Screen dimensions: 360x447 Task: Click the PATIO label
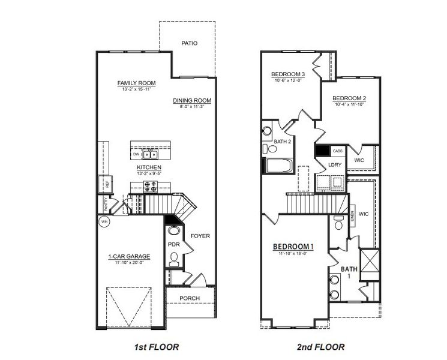tap(189, 43)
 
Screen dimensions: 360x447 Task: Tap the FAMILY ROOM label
tap(135, 83)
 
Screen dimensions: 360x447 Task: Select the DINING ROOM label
tap(192, 100)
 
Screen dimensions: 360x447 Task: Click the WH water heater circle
tap(104, 221)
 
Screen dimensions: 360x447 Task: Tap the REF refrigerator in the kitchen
tap(106, 185)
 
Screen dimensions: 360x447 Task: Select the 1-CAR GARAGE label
tap(129, 257)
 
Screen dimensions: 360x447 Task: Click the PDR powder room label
tap(174, 244)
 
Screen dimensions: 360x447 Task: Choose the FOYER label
tap(200, 236)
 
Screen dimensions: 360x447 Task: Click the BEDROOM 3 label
tap(289, 74)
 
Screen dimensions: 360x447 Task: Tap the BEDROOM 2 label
tap(349, 98)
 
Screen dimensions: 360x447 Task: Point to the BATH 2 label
tap(283, 142)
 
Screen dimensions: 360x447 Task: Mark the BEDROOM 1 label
tap(293, 247)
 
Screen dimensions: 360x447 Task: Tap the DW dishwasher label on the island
tap(137, 154)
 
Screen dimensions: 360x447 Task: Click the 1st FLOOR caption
tap(156, 347)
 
